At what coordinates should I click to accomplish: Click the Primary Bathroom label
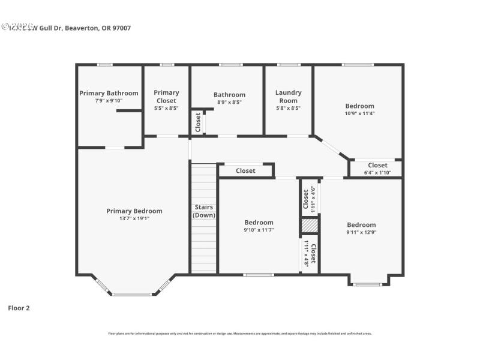point(109,93)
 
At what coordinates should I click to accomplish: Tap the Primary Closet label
point(166,97)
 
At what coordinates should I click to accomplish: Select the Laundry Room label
point(288,97)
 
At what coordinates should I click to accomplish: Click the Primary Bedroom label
point(134,211)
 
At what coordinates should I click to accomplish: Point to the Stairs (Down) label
point(203,211)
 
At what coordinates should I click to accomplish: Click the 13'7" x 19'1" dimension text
point(134,219)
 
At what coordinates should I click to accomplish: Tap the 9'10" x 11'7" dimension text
point(259,230)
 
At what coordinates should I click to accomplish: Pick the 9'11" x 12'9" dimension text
point(361,233)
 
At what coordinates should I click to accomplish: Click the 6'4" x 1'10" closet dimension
point(377,173)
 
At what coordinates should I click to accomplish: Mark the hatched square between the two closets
point(309,226)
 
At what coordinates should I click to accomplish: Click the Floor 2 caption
point(19,308)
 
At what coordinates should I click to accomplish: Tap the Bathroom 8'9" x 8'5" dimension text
point(229,103)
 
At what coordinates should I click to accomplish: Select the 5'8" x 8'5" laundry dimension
point(288,109)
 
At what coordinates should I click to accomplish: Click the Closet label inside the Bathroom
point(197,122)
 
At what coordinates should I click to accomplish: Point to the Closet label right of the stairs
point(245,171)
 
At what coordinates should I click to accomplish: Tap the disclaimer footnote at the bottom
point(239,333)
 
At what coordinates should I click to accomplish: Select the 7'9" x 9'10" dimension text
point(109,101)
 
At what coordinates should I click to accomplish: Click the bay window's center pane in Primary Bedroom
point(132,294)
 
